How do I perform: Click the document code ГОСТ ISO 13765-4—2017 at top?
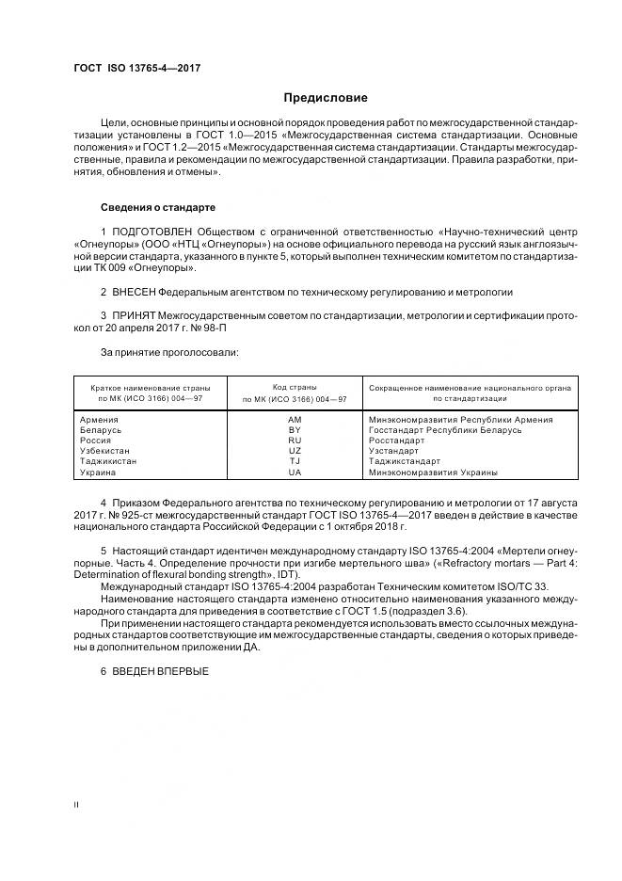tap(136, 69)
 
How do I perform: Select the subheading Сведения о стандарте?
tap(158, 206)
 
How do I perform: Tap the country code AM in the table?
tap(295, 419)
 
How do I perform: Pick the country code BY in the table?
tap(295, 429)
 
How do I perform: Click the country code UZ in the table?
tap(295, 451)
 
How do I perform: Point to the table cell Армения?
tap(99, 419)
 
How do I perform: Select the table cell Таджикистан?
tap(108, 461)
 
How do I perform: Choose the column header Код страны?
tap(295, 387)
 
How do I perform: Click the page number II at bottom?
tap(77, 805)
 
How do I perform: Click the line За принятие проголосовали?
tap(156, 351)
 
